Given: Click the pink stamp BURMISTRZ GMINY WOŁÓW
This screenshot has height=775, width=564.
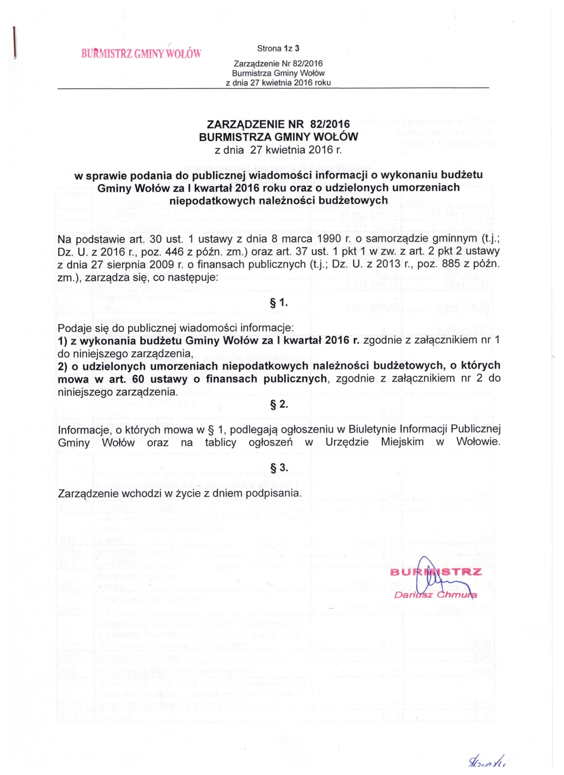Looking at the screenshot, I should click(x=141, y=54).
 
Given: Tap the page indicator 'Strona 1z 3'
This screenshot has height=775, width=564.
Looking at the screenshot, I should click(x=278, y=48).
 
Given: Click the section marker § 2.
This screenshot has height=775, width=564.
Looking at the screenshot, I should click(x=279, y=405).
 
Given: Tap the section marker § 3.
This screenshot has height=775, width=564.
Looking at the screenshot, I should click(x=279, y=467).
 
